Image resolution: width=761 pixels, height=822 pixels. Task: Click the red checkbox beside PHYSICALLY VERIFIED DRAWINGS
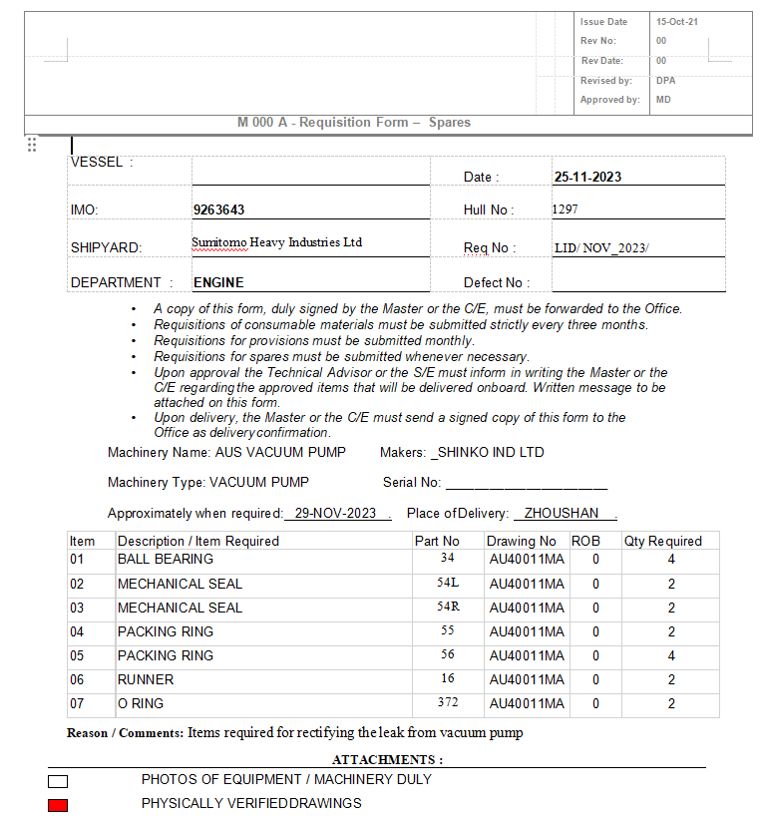tap(58, 804)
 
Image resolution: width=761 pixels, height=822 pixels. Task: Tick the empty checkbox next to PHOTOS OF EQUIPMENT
tap(58, 780)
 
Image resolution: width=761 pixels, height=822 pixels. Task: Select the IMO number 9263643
tap(218, 210)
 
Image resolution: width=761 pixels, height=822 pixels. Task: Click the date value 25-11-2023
tap(587, 177)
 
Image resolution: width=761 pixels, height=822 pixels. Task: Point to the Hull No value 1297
tap(565, 209)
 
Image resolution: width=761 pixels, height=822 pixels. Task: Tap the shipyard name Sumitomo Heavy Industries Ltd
tap(276, 242)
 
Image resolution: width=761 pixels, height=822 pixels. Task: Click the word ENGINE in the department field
tap(218, 282)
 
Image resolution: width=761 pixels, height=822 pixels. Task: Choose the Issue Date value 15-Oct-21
tap(676, 22)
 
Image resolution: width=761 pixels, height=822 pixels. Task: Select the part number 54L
tap(447, 583)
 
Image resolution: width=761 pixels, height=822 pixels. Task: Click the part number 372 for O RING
tap(447, 702)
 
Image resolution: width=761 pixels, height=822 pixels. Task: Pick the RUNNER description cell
tap(146, 679)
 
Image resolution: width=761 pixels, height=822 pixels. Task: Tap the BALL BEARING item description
tap(166, 560)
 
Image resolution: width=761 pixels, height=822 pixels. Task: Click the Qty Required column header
tap(663, 541)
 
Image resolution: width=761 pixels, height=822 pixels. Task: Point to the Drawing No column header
tap(522, 541)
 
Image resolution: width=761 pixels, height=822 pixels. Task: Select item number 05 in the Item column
tap(77, 655)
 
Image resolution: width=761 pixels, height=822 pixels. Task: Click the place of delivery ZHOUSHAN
tap(562, 513)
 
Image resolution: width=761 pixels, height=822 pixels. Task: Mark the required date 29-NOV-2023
tap(335, 513)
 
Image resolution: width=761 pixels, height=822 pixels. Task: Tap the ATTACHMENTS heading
tap(387, 759)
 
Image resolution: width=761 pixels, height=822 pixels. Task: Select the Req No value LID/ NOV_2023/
tap(601, 248)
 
